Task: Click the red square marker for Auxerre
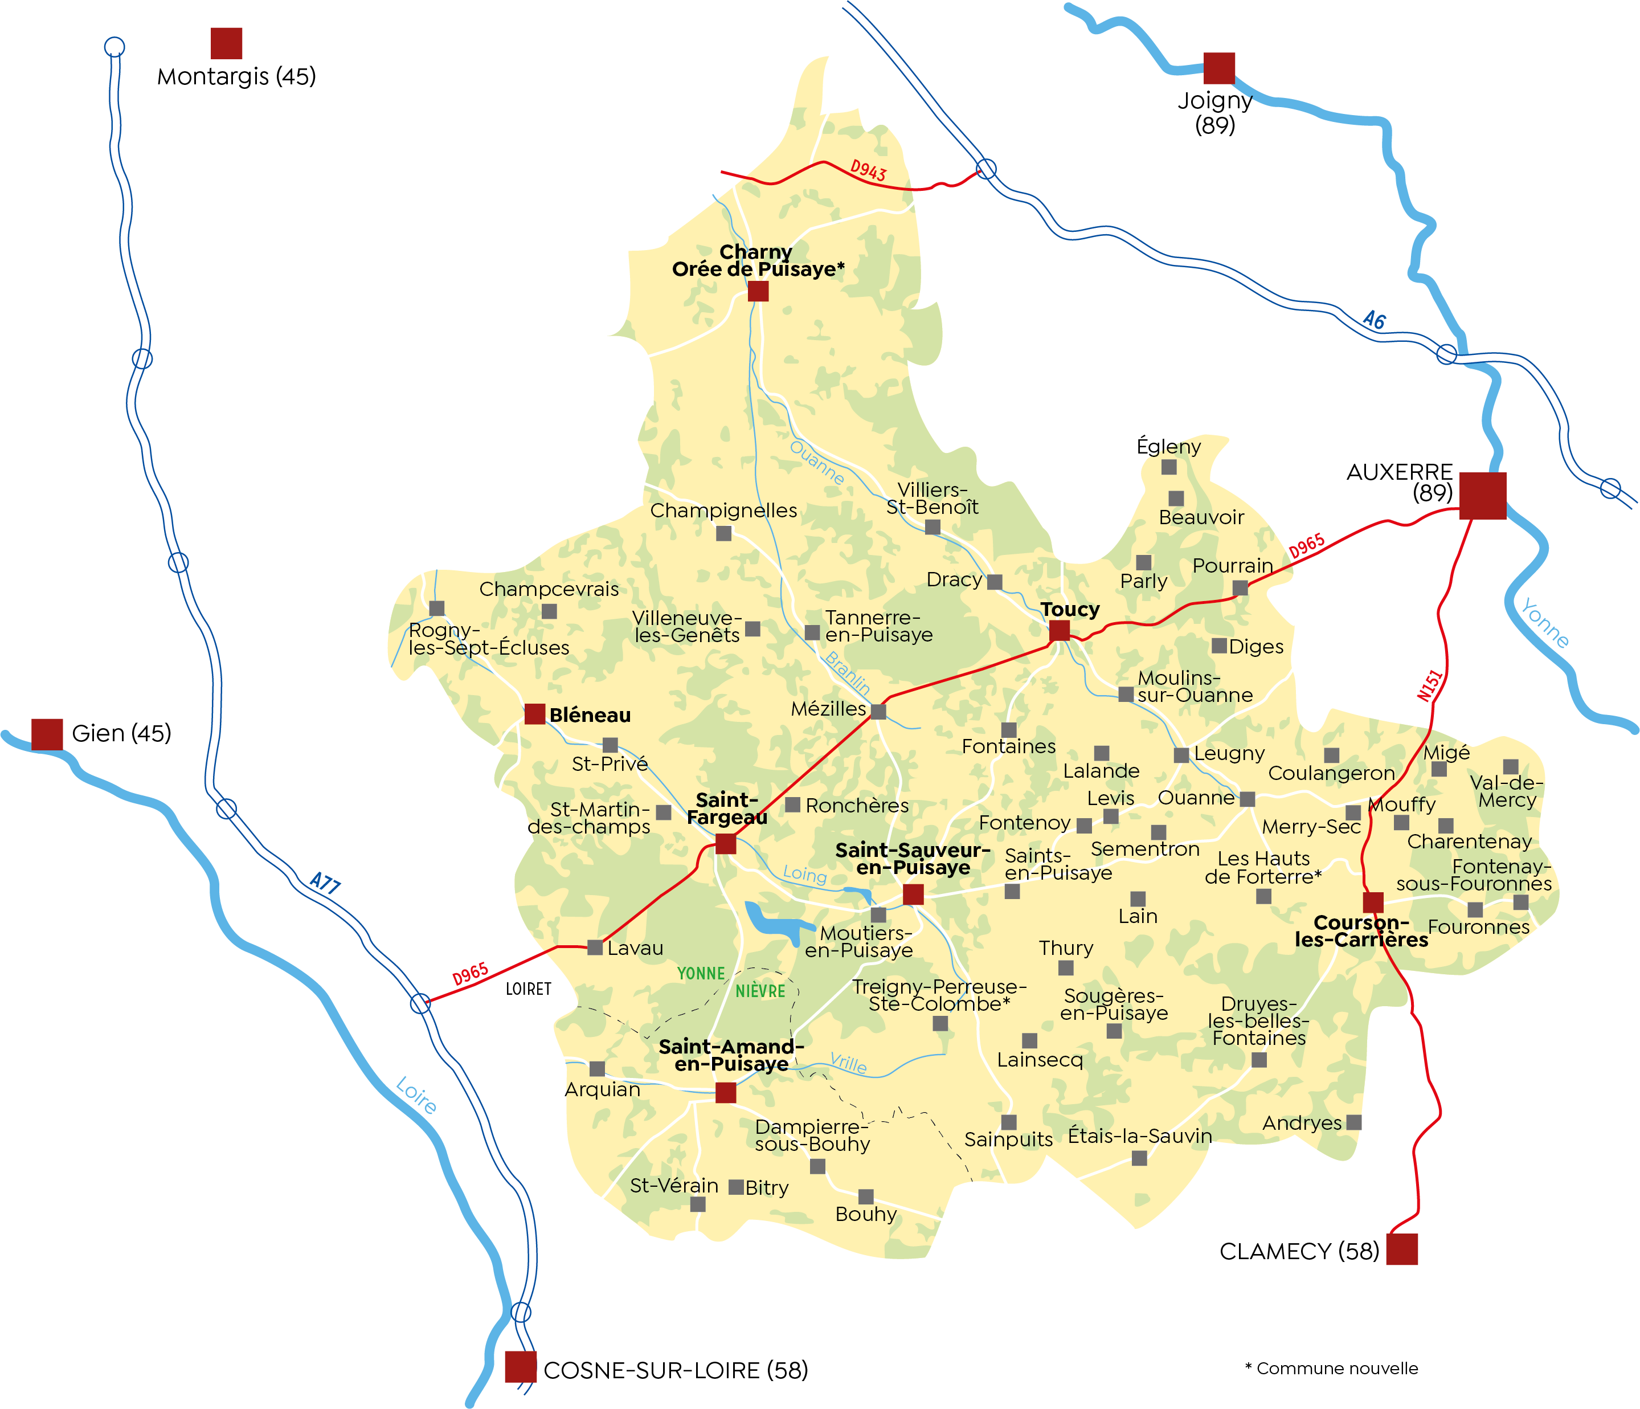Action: pos(1482,496)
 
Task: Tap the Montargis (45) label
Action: pos(236,77)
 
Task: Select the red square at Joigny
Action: pos(1219,68)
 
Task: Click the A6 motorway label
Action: pos(1374,320)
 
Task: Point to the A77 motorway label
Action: pos(325,883)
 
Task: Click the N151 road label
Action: pos(1429,685)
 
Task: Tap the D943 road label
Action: pos(868,170)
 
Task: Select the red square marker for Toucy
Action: pos(1059,631)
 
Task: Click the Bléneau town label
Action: pos(590,716)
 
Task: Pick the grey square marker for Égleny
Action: pos(1168,467)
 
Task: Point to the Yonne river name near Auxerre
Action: pos(1545,624)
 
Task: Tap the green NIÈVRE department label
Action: pos(760,991)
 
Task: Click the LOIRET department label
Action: pos(528,989)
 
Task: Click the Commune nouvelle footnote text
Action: pos(1331,1369)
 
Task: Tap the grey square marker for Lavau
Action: pos(595,947)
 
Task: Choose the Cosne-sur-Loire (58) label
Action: pos(675,1370)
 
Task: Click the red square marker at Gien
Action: pos(47,734)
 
